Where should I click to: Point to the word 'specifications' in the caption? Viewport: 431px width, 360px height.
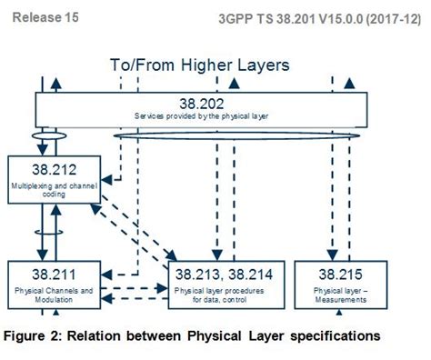334,336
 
